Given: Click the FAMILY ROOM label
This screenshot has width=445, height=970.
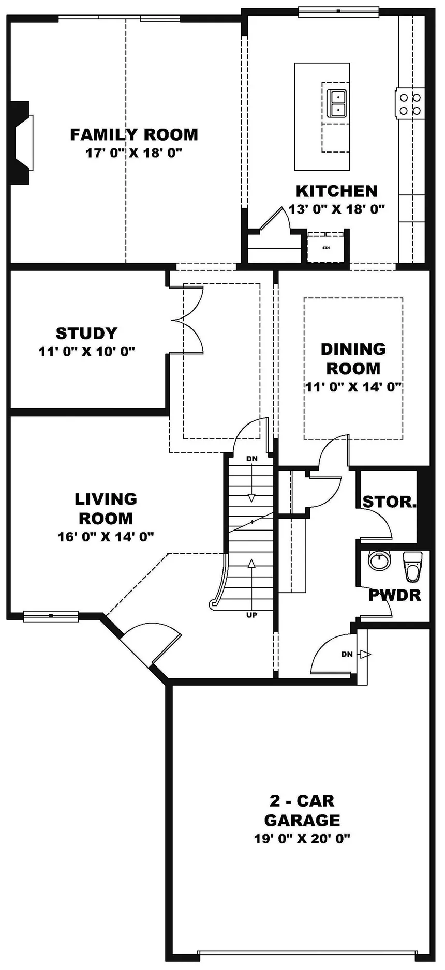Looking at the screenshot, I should (134, 134).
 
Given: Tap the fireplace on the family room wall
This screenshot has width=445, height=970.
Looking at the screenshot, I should (22, 142).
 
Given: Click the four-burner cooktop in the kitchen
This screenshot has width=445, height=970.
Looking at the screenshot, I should (409, 103).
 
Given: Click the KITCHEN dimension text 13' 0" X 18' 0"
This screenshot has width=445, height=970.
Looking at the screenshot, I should (337, 209).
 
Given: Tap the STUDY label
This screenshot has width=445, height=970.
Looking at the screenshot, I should (86, 333).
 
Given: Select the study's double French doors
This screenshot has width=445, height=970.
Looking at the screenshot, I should (189, 321).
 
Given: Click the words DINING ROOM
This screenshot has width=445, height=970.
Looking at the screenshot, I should (353, 359).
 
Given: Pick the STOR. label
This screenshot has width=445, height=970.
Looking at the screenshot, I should (389, 502).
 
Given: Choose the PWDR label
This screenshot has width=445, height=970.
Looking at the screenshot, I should (394, 595).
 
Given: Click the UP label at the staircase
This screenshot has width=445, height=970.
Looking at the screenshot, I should (251, 615).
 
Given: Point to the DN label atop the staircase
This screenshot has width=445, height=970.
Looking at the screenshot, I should (251, 459).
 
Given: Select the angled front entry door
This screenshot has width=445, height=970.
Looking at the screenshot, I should (150, 644).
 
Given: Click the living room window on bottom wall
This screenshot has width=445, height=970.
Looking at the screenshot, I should (51, 615).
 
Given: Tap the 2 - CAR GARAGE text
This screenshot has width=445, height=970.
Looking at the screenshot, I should (302, 810).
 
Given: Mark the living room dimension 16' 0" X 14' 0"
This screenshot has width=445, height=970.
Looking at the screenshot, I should (106, 537).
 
